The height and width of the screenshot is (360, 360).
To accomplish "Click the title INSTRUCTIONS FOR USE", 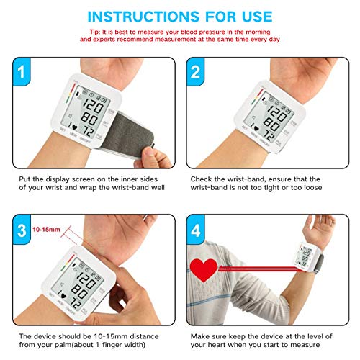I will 180,15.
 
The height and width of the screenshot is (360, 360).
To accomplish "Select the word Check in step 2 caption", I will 202,177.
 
